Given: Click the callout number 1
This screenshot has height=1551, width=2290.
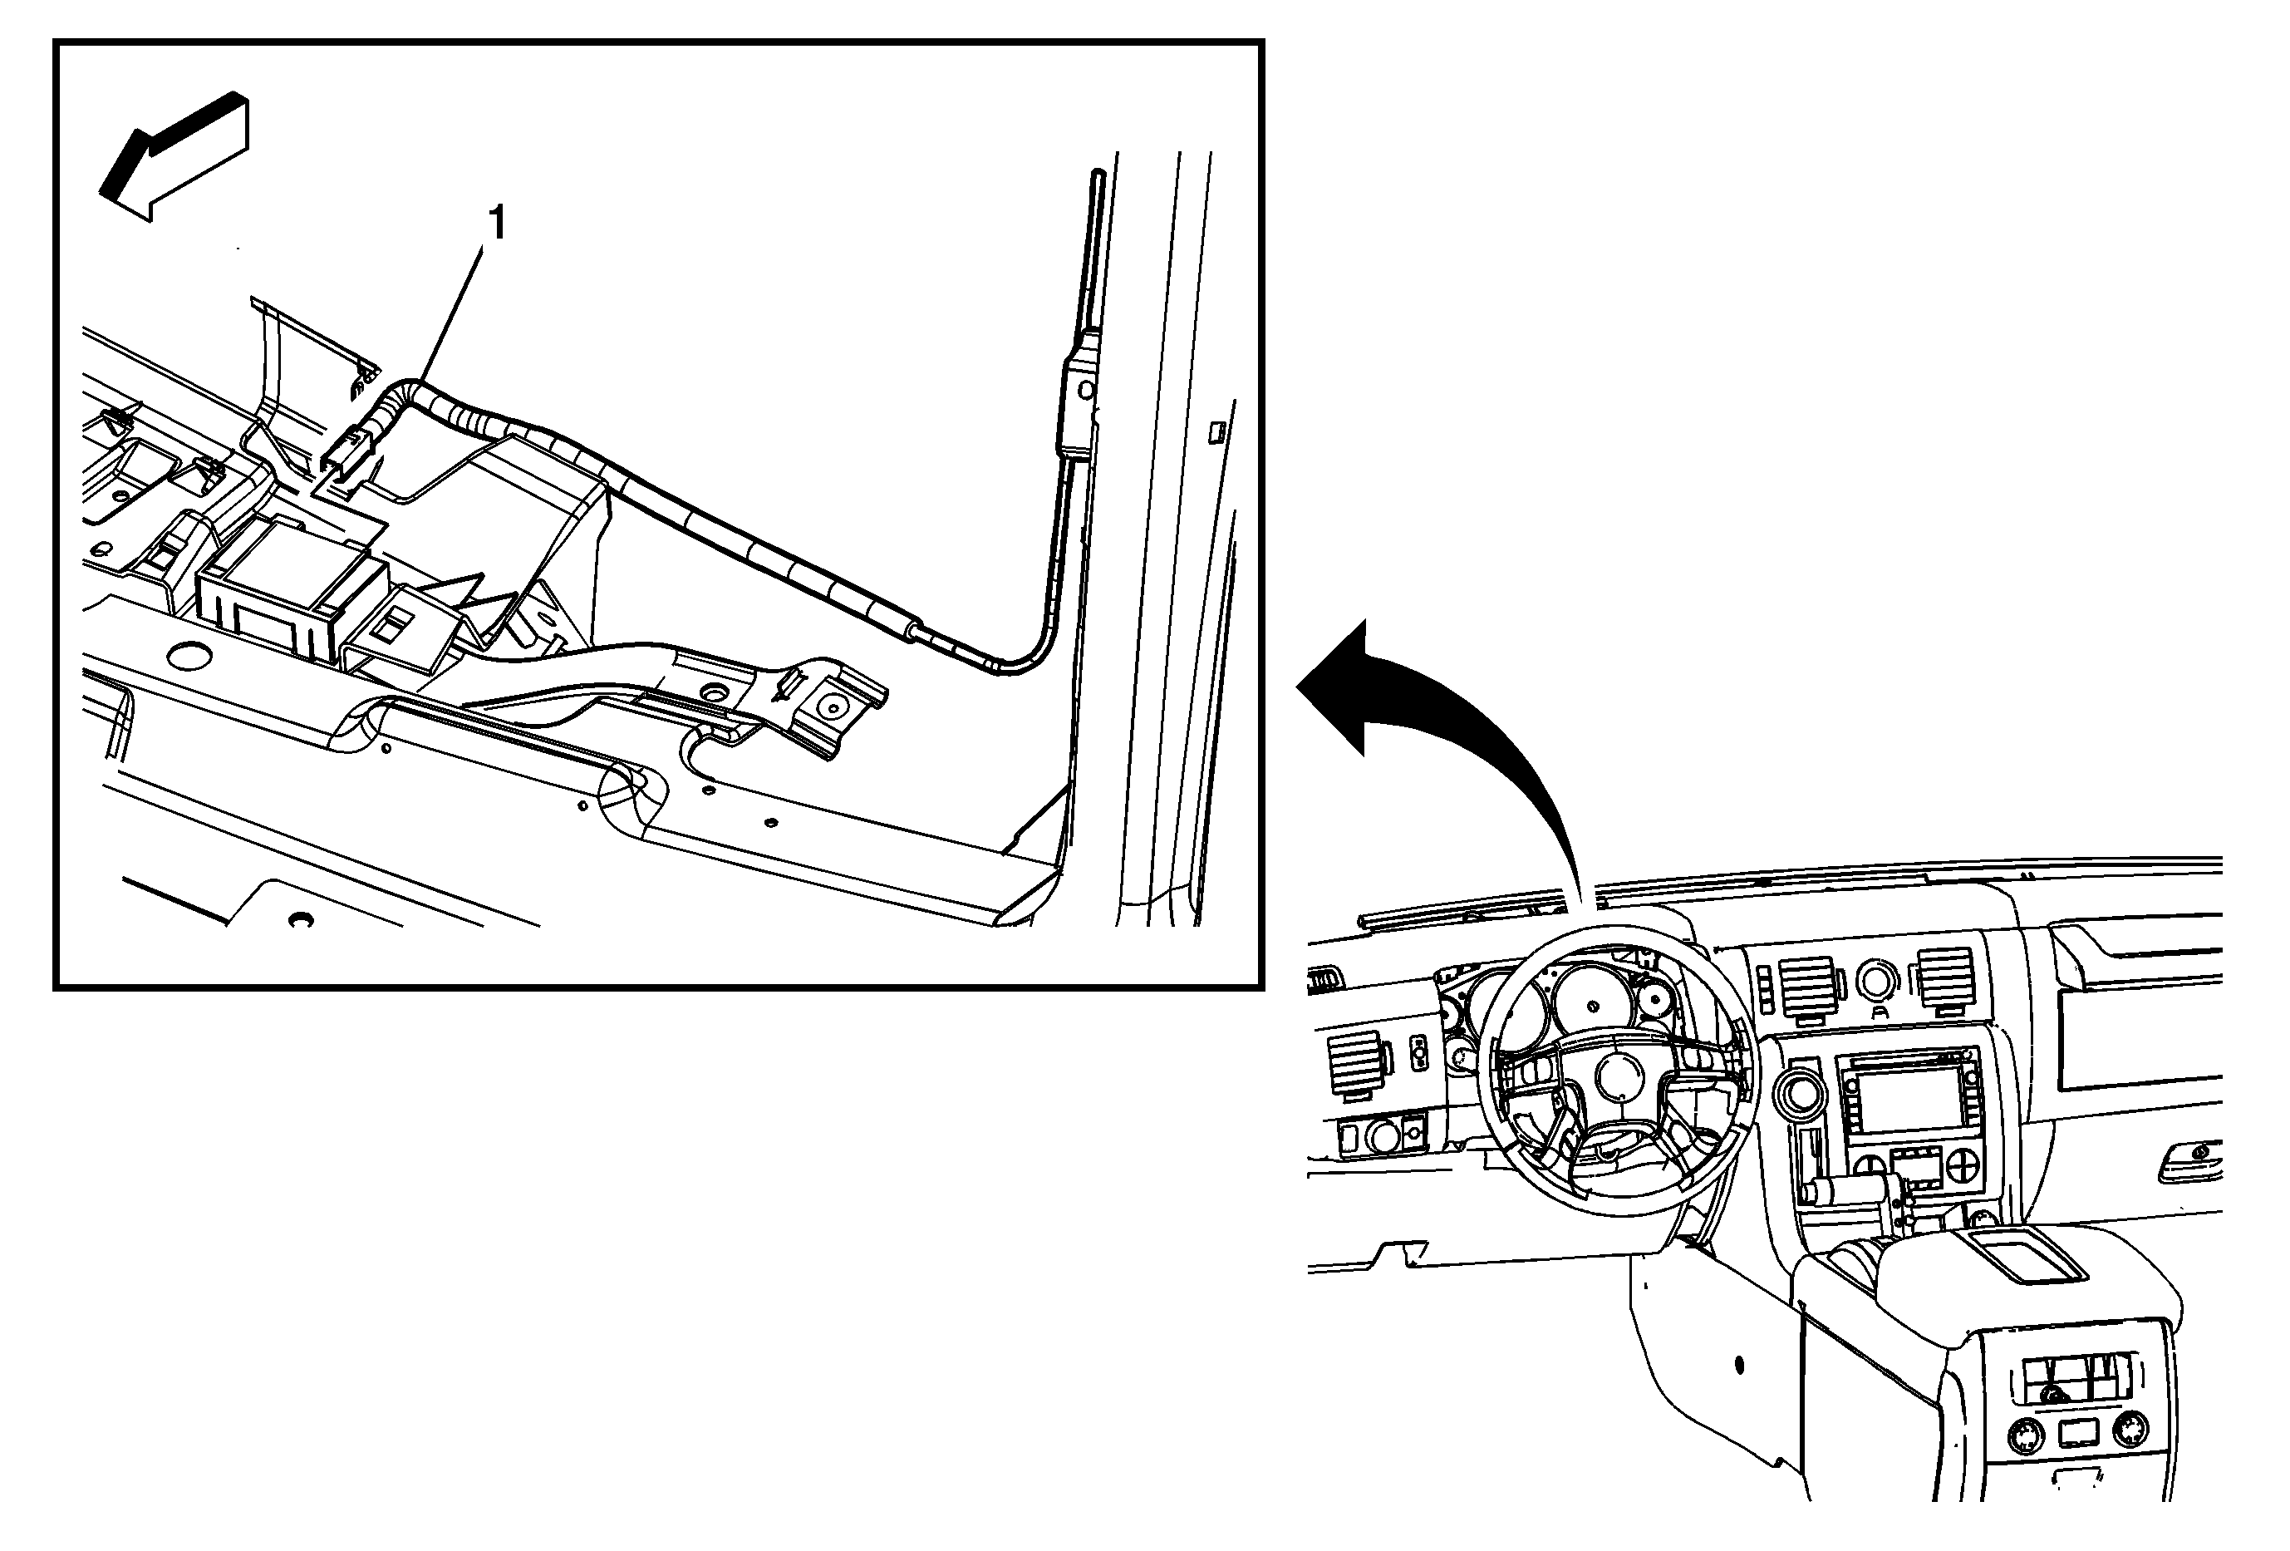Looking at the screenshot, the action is click(499, 224).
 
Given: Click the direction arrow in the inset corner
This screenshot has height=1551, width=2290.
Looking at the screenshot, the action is click(175, 158).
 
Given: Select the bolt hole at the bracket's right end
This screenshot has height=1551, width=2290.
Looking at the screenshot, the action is click(833, 707).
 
